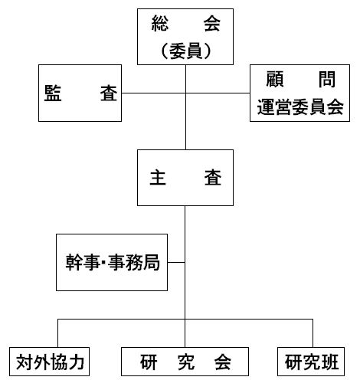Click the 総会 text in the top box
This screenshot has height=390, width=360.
[x=185, y=23]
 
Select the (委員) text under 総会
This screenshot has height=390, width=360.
[x=185, y=51]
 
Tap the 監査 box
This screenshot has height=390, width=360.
[x=80, y=93]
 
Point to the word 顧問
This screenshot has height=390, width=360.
[x=300, y=79]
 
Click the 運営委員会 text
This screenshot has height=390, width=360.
[x=300, y=107]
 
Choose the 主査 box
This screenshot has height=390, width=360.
[x=185, y=178]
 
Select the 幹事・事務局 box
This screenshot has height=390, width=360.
[x=112, y=262]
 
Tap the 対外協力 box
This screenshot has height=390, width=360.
[x=50, y=362]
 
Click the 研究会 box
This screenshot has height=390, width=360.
[x=185, y=362]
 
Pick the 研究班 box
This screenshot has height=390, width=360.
[x=311, y=362]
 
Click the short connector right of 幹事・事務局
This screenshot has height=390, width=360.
[x=176, y=262]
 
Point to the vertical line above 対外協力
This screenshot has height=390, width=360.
[x=58, y=333]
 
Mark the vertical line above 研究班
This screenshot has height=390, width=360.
[x=313, y=333]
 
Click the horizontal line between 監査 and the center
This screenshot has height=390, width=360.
[x=153, y=93]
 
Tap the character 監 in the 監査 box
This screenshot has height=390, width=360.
[x=53, y=93]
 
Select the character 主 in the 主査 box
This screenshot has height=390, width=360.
[x=158, y=178]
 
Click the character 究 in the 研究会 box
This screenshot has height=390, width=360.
[x=186, y=362]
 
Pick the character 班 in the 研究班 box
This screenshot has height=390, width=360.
[x=330, y=362]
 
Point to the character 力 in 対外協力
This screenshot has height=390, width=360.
[x=77, y=362]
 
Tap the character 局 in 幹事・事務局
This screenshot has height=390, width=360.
[x=152, y=262]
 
